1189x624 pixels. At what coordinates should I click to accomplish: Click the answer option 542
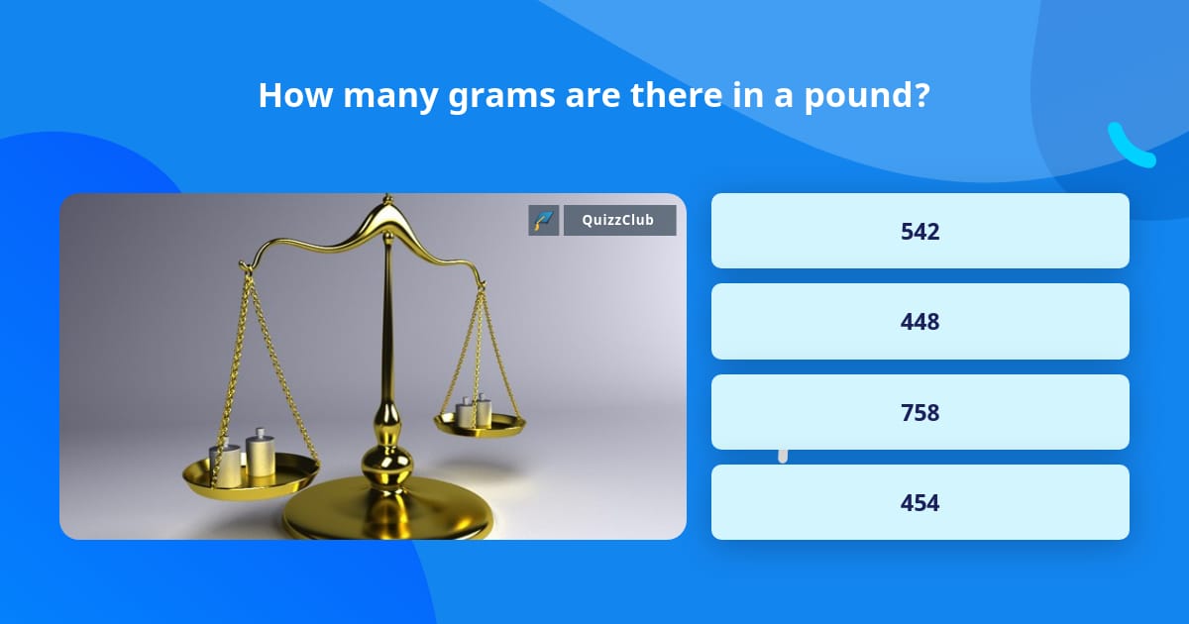(919, 231)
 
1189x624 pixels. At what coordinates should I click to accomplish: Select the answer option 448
(919, 322)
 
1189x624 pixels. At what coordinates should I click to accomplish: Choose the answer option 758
(919, 412)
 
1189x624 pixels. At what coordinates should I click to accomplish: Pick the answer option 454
(919, 502)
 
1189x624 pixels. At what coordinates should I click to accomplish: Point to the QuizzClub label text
(619, 220)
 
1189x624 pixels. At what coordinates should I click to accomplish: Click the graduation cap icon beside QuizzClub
(543, 220)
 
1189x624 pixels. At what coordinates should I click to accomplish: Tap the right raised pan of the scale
(481, 425)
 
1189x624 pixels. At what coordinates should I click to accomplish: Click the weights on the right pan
(475, 411)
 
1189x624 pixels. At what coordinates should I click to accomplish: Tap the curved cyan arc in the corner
(1130, 147)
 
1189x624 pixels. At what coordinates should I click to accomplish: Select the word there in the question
(648, 95)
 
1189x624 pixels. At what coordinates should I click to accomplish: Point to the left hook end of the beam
(244, 265)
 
